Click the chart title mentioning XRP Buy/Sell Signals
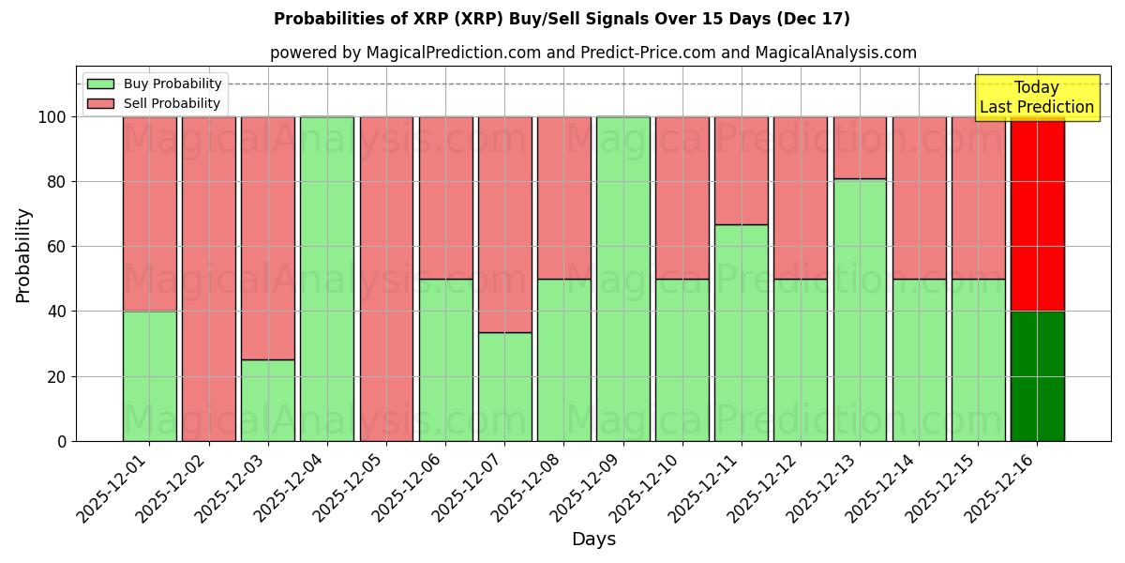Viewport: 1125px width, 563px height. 562,19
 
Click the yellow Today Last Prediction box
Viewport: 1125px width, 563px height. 1037,98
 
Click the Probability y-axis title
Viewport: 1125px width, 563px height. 23,255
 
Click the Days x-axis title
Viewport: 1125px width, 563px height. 593,540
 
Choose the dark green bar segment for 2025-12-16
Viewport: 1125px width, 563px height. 1038,376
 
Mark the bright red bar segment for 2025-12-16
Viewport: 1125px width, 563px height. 1038,214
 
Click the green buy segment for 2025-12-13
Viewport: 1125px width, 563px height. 860,310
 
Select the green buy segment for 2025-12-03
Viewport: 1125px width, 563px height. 268,401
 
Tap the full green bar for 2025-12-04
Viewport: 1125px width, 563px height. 327,279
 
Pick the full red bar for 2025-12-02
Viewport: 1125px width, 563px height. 209,279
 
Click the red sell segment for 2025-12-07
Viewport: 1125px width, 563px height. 505,224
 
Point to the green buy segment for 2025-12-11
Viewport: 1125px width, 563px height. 742,333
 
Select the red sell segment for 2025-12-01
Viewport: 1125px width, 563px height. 150,214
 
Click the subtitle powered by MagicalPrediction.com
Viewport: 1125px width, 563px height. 593,53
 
